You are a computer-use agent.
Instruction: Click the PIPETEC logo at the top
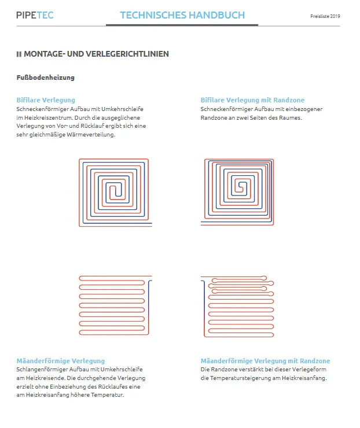tap(35, 15)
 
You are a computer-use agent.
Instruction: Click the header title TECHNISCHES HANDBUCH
tap(182, 15)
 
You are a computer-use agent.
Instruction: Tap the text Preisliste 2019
tap(325, 16)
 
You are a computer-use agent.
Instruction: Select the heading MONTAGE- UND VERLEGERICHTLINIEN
tap(96, 54)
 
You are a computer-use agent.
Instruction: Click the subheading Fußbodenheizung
tap(46, 77)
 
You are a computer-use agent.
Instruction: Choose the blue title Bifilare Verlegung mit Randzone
tap(252, 100)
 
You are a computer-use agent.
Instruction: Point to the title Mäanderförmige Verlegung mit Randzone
tap(265, 361)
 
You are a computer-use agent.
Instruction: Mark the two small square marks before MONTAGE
tap(19, 54)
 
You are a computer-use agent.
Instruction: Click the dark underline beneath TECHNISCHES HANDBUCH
tap(182, 25)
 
